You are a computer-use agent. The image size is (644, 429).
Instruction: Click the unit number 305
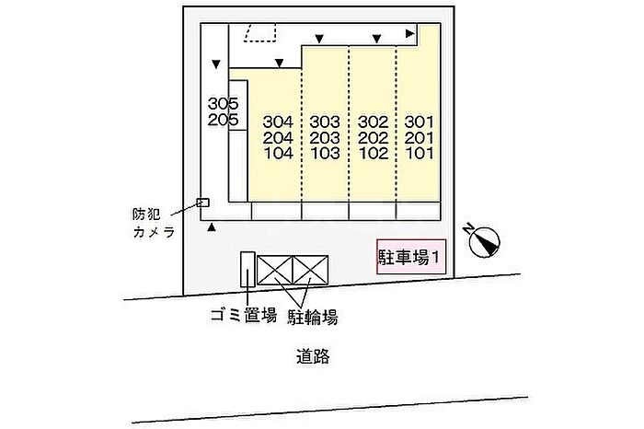tap(223, 103)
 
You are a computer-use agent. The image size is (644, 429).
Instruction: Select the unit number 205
tap(223, 120)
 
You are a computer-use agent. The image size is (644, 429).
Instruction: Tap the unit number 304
tap(278, 122)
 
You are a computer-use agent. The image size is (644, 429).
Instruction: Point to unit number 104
tap(278, 153)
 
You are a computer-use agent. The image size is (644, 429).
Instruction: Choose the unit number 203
tap(325, 138)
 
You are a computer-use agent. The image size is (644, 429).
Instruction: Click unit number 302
tap(373, 122)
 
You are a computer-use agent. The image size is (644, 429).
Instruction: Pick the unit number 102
tap(373, 153)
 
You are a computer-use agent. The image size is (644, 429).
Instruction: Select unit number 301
tap(419, 122)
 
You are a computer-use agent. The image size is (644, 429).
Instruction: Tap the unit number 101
tap(419, 153)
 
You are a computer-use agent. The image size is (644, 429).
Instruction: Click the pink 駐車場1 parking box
tap(411, 257)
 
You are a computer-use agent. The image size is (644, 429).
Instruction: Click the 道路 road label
tap(313, 356)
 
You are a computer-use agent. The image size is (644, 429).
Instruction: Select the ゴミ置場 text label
tap(243, 316)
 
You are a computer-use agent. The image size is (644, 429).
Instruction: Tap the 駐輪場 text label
tap(313, 318)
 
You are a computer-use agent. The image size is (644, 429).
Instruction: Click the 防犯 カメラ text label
tap(154, 223)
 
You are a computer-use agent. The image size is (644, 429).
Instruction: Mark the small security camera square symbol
tap(203, 203)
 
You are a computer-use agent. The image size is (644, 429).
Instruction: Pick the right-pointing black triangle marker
tap(410, 33)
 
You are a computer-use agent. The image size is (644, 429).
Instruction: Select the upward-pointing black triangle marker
tap(211, 226)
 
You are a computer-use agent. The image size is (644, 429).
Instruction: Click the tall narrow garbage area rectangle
tap(247, 269)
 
